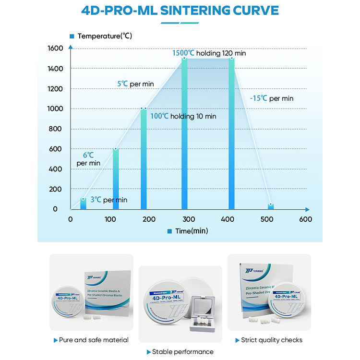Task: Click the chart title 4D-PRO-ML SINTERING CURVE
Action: pos(180,10)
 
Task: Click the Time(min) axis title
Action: pos(191,231)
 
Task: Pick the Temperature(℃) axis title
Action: pos(104,36)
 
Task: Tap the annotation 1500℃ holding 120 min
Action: pos(209,53)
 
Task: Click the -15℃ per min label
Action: pos(271,98)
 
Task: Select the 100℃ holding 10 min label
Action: pos(183,116)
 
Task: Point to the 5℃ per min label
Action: pos(135,84)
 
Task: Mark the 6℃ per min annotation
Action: pos(88,159)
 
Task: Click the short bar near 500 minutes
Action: pos(270,206)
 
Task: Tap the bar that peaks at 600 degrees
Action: pos(116,179)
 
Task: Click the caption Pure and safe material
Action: pos(94,340)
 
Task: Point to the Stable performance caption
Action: pos(182,352)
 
